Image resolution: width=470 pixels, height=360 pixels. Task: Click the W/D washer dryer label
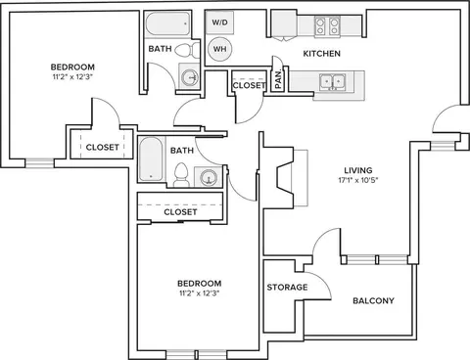[x=220, y=22]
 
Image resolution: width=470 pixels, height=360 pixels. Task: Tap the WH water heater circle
[x=220, y=49]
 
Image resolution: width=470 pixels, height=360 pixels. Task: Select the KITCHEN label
[x=322, y=54]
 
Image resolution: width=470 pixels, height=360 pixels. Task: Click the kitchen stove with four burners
[x=327, y=26]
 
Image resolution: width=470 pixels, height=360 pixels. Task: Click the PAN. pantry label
[x=278, y=80]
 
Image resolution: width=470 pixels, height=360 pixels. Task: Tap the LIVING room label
[x=358, y=170]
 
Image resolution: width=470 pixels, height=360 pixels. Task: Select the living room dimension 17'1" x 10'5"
[x=358, y=180]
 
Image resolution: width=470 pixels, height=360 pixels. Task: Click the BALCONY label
[x=373, y=300]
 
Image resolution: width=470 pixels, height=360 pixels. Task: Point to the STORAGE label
[x=287, y=288]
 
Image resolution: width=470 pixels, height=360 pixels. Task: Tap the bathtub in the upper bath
[x=167, y=23]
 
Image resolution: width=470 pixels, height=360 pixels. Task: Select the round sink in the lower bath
[x=208, y=178]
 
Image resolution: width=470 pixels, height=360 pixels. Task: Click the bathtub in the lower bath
[x=151, y=158]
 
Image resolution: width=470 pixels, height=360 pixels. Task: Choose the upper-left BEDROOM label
[x=72, y=67]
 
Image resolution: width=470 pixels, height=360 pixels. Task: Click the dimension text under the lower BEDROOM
[x=199, y=293]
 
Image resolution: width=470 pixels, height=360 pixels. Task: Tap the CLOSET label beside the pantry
[x=249, y=86]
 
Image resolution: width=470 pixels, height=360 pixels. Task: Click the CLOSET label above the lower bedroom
[x=180, y=212]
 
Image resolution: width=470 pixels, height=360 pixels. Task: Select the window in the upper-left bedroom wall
[x=40, y=163]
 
